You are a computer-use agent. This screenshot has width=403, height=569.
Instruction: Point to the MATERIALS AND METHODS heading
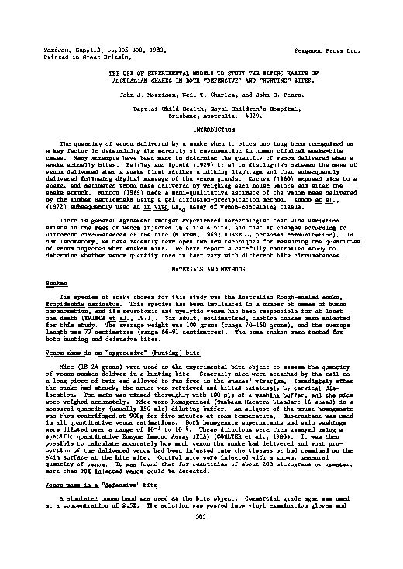pyautogui.click(x=201, y=267)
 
